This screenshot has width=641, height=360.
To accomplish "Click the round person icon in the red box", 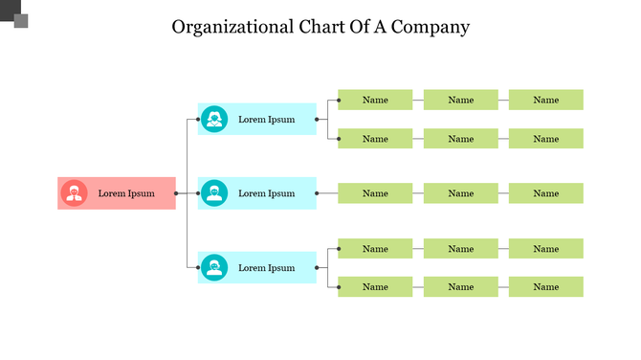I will point(74,193).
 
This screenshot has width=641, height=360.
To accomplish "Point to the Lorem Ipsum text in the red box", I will point(126,193).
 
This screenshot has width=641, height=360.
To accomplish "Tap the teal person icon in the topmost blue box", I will point(214,120).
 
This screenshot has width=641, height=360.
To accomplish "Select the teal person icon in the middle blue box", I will point(214,193).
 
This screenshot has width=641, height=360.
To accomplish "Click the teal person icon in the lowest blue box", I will point(214,268).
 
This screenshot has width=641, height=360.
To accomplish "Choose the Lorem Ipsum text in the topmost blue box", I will point(267,120).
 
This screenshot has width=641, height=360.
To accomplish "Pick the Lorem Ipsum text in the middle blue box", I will point(267,193).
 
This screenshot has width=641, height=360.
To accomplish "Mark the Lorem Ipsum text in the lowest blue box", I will point(267,268).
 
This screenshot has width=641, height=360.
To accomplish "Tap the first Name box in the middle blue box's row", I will point(375,193).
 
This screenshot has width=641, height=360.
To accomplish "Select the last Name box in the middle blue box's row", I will point(545,193).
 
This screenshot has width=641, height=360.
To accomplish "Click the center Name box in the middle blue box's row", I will point(460,193).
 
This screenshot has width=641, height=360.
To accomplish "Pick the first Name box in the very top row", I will point(375,100).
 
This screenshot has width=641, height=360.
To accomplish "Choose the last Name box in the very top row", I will point(545,100).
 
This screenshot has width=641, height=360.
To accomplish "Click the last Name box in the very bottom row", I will point(545,286).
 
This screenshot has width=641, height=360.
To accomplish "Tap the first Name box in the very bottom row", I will point(375,286).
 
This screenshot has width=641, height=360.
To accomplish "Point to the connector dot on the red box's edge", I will point(176,193).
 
